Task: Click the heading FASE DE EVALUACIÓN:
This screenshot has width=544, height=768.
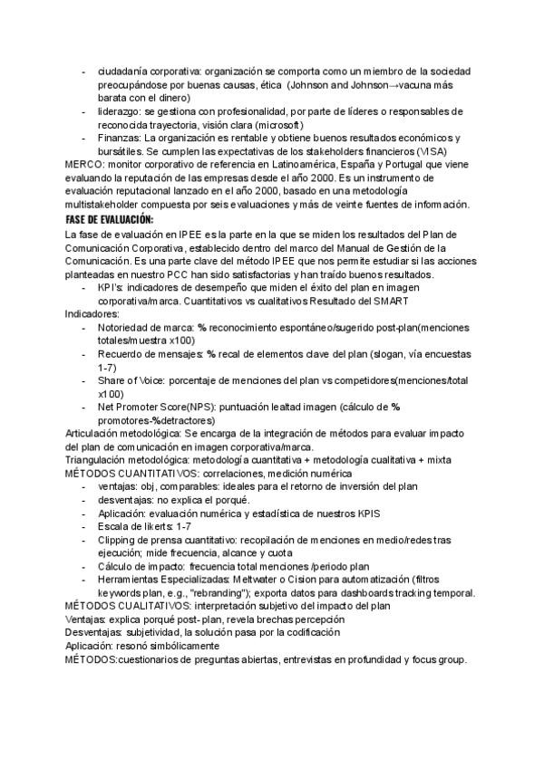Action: pyautogui.click(x=110, y=220)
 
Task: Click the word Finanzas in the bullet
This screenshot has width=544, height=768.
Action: pyautogui.click(x=123, y=138)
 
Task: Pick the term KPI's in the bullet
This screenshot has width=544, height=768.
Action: pyautogui.click(x=113, y=286)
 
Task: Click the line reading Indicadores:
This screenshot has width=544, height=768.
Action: pyautogui.click(x=94, y=312)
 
